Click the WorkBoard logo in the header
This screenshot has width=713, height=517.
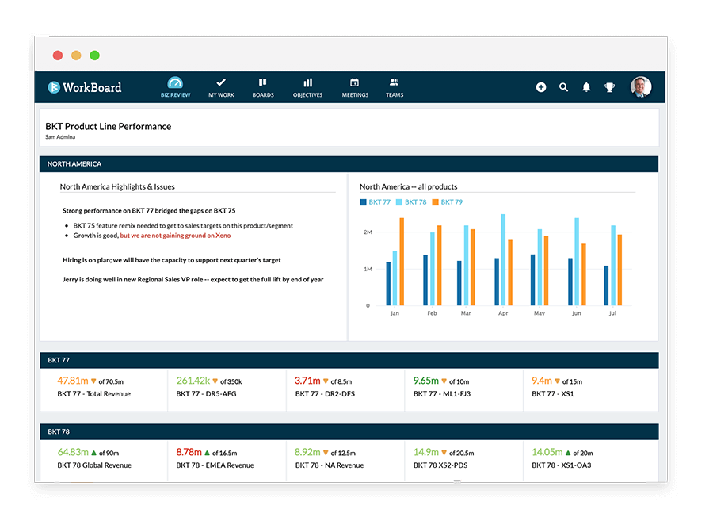84,87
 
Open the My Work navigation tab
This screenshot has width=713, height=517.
221,87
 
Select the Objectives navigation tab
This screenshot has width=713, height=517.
307,87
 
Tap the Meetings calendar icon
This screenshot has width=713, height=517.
355,82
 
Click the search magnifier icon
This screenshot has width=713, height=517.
563,87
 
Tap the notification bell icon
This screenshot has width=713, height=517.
586,87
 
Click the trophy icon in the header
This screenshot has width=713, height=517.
609,87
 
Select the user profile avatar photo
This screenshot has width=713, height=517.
640,87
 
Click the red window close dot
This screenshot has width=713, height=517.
58,56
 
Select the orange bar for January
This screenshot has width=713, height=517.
402,262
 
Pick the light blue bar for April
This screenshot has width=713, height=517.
503,259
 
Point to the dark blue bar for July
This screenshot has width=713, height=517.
606,285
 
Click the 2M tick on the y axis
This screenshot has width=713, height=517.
368,232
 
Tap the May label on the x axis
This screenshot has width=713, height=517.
540,313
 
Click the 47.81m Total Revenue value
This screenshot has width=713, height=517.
73,381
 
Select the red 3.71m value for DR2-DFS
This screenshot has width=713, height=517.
307,381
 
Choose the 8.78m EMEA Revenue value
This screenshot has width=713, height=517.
190,452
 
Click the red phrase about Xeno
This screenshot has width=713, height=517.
175,236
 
